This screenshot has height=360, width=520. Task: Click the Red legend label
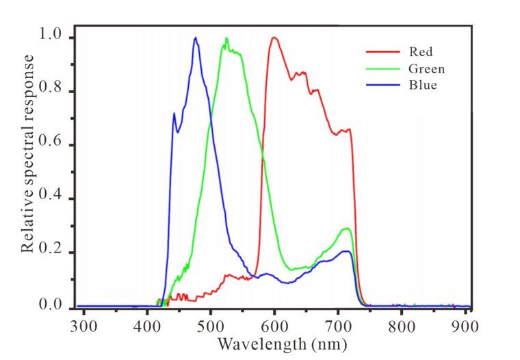pos(421,52)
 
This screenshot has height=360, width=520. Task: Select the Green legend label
pos(426,68)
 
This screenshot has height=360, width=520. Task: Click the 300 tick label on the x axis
pos(83,326)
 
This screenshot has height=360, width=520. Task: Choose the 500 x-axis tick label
pos(211,326)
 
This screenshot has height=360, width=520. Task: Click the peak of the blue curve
pos(196,38)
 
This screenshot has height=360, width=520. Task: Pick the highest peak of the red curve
pos(274,38)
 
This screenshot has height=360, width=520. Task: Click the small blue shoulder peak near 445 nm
pos(174,113)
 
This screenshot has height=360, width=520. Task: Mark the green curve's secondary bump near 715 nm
pos(347,229)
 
